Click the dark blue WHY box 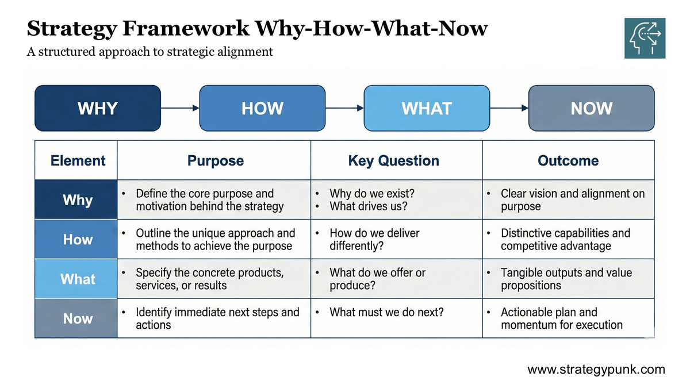pos(97,108)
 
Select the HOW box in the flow pos(262,108)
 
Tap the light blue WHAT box pos(427,108)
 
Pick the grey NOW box pos(591,108)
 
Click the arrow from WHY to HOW pos(180,108)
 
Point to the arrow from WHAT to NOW pos(509,108)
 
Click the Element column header pos(78,161)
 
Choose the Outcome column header pos(568,161)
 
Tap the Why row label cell pos(77,200)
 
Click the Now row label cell pos(77,318)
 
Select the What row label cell pos(77,279)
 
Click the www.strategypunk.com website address pos(596,370)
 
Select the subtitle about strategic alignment pos(149,52)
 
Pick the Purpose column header pos(216,161)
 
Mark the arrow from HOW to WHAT pos(344,108)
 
